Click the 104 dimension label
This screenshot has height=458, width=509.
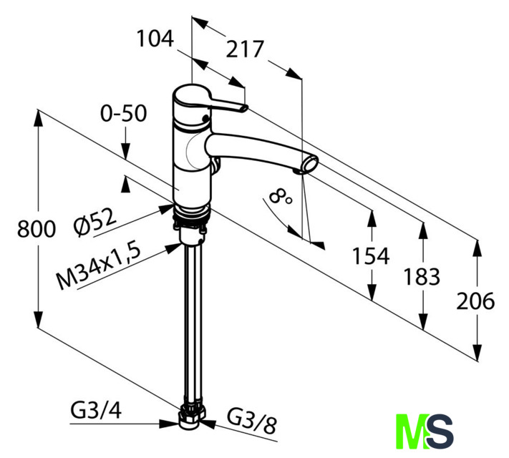pyautogui.click(x=155, y=39)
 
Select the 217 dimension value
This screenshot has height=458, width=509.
pyautogui.click(x=245, y=49)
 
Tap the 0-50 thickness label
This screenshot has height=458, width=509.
pyautogui.click(x=123, y=113)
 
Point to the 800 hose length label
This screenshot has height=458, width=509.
pyautogui.click(x=37, y=228)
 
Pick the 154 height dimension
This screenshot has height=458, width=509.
pyautogui.click(x=371, y=255)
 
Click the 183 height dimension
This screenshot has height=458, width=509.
pyautogui.click(x=422, y=277)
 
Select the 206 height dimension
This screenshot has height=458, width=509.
pyautogui.click(x=475, y=301)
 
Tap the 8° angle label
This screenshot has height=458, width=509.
pyautogui.click(x=280, y=197)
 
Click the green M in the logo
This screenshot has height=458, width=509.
pyautogui.click(x=412, y=432)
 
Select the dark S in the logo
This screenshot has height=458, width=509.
pyautogui.click(x=440, y=432)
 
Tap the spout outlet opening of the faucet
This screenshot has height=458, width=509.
pyautogui.click(x=311, y=163)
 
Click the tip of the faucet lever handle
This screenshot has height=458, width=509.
pyautogui.click(x=244, y=108)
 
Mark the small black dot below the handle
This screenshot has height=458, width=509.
pyautogui.click(x=205, y=118)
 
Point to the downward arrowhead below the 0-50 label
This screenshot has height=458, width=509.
pyautogui.click(x=126, y=151)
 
